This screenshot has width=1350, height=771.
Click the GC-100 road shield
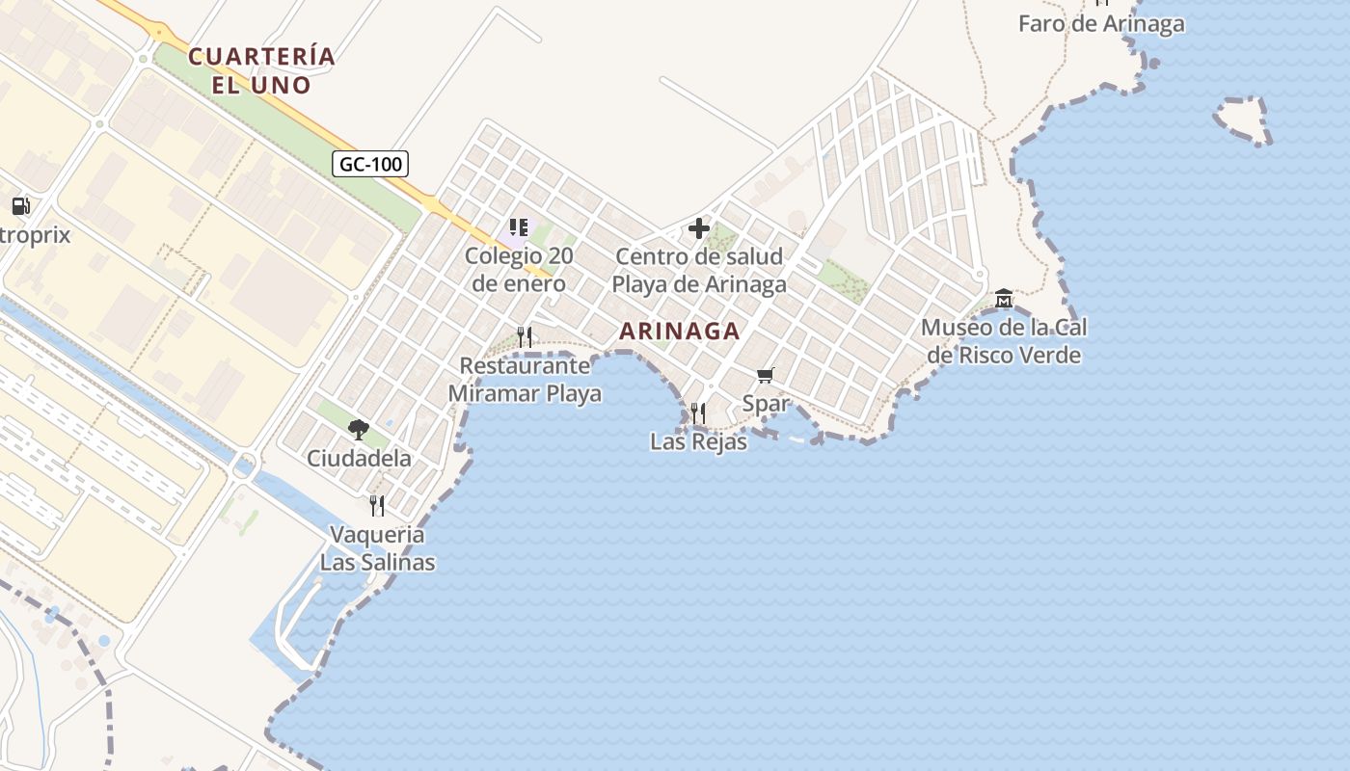tap(371, 164)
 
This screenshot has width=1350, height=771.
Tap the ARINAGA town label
tap(679, 331)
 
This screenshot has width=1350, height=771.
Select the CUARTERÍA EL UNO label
tap(261, 70)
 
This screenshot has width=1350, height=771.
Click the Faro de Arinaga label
tap(1101, 24)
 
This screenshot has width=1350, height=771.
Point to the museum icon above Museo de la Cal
tap(1004, 298)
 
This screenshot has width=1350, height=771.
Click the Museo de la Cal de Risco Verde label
tap(1004, 341)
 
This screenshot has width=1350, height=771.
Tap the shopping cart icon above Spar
tap(766, 375)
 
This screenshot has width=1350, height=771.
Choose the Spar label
tap(766, 404)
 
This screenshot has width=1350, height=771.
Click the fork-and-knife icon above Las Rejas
tap(698, 413)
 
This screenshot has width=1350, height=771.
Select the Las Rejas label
tap(698, 442)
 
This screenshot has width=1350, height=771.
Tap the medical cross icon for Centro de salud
tap(699, 228)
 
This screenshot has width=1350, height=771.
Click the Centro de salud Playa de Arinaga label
tap(699, 271)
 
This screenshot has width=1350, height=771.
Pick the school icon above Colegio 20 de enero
tap(519, 228)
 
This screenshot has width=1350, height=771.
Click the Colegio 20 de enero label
tap(519, 271)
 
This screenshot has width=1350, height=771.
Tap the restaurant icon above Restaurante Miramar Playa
tap(525, 336)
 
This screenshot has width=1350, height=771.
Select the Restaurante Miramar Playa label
tap(525, 380)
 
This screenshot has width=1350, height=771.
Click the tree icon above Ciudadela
tap(359, 429)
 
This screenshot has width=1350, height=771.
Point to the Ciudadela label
tap(359, 458)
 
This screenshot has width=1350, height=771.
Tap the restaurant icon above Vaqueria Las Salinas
tap(377, 505)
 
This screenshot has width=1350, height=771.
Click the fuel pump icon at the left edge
tap(20, 205)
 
